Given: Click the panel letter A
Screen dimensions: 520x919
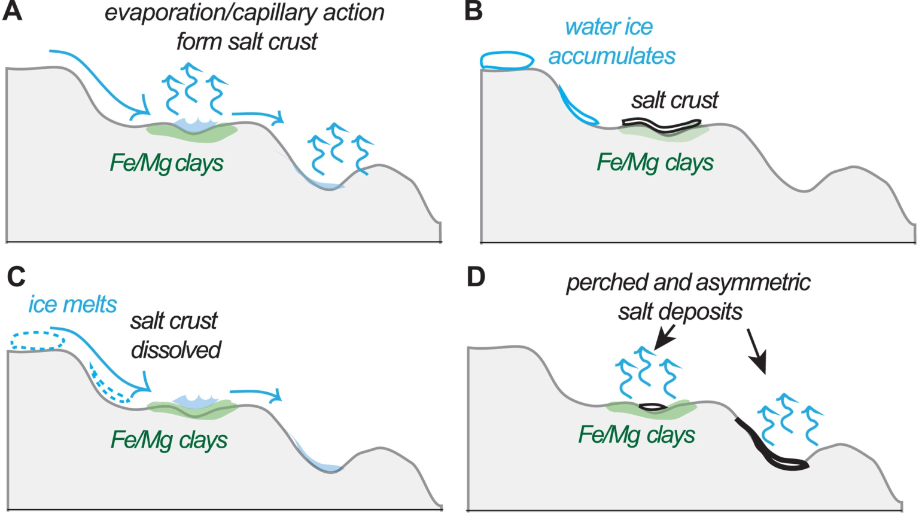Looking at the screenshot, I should point(12,11).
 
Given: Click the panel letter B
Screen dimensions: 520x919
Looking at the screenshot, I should point(473,11).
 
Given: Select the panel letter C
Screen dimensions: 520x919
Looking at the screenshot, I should point(16,277).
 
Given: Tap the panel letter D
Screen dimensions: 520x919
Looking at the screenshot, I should point(476,277).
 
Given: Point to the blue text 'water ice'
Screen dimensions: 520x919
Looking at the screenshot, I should point(608,27).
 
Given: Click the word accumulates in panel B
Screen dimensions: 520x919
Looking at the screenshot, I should point(611,56).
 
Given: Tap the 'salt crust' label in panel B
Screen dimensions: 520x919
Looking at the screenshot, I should point(674,100).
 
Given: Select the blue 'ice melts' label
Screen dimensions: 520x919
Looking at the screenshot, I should point(72,304).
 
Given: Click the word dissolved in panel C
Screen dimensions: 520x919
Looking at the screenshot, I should point(176,350).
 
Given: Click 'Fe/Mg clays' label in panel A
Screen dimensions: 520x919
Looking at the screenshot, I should point(166,163).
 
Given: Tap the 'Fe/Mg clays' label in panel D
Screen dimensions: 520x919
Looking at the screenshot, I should point(636,435).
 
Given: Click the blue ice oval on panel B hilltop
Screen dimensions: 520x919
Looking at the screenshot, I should point(507,60).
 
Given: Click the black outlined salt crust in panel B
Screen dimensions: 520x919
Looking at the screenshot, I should point(661,126).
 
